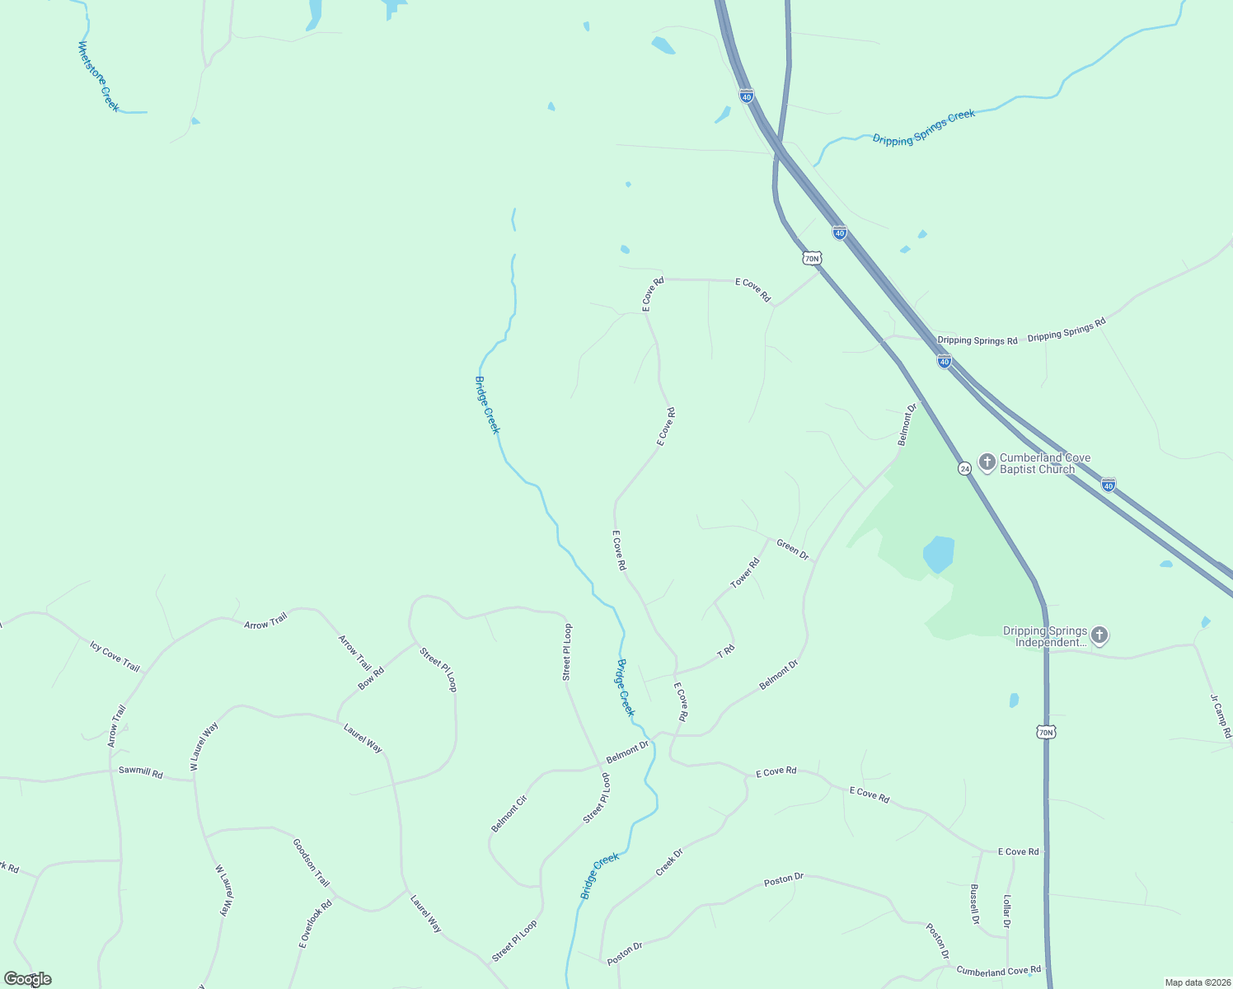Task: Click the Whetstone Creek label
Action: tap(98, 77)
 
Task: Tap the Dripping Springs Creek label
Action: tap(923, 128)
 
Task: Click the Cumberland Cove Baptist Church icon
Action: tap(987, 462)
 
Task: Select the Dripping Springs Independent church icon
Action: tap(1099, 635)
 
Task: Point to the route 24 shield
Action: tap(964, 468)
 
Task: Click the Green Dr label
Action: tap(793, 550)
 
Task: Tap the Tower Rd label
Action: tap(744, 574)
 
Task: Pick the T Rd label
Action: tap(725, 651)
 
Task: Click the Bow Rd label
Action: tap(371, 678)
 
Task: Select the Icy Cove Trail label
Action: tap(115, 656)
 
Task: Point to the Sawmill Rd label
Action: tap(140, 773)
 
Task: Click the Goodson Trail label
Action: tap(311, 863)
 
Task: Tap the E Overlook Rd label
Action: tap(315, 923)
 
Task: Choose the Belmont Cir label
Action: tap(509, 813)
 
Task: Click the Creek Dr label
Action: tap(669, 862)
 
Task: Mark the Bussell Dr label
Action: tap(974, 904)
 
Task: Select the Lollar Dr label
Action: tap(1006, 912)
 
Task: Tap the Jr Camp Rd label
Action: tap(1221, 715)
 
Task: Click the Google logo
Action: tap(27, 979)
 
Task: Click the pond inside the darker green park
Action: tap(939, 554)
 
